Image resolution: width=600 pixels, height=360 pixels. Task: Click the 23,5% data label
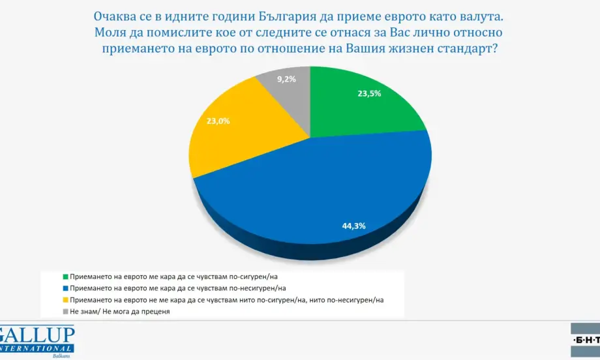point(369,93)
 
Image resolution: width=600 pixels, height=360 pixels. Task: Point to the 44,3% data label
point(353,226)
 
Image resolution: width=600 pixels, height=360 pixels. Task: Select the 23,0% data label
point(218,120)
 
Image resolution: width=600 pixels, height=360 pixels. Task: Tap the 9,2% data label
point(286,80)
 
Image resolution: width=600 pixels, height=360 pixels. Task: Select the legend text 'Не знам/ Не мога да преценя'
point(115,312)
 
